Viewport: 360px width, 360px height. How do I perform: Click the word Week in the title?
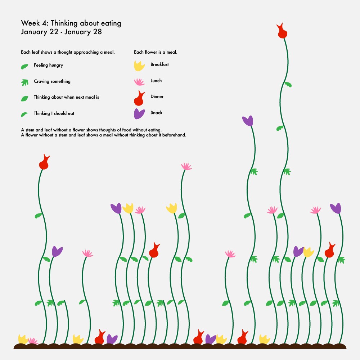pos(30,23)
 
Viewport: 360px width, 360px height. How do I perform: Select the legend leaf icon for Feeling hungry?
pos(24,67)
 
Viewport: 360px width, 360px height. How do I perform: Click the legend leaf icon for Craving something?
pos(24,82)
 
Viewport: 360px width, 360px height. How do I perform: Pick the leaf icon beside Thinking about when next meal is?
pos(24,99)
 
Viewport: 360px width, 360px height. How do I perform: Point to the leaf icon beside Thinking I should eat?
pos(24,114)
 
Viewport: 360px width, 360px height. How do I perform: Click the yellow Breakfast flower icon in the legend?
pos(139,66)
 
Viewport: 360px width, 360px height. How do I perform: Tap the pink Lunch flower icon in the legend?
pos(139,82)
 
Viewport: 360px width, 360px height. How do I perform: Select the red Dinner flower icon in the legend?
pos(139,98)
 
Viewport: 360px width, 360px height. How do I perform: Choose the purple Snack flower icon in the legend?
pos(139,114)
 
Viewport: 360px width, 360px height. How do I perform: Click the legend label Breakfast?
pos(159,64)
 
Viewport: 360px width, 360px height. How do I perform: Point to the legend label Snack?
pos(156,112)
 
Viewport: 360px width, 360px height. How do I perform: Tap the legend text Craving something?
pos(52,81)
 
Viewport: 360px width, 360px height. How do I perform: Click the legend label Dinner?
pos(157,96)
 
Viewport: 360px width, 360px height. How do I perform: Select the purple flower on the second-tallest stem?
pos(248,121)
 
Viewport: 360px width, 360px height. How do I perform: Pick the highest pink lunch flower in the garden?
pos(186,166)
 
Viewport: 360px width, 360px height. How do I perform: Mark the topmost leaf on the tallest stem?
pos(288,85)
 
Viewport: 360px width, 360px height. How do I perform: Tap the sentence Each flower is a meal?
pos(156,52)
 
